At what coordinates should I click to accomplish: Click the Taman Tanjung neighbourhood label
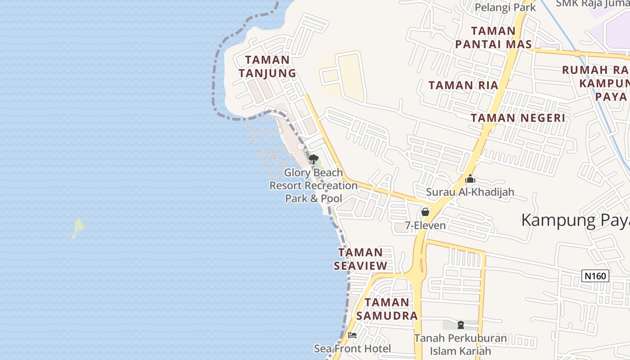[x=267, y=66]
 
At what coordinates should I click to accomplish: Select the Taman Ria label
[x=463, y=85]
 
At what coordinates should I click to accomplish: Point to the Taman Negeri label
[x=517, y=118]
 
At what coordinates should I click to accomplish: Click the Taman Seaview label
[x=360, y=259]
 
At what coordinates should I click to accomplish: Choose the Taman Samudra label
[x=387, y=309]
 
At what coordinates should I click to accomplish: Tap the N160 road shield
[x=595, y=276]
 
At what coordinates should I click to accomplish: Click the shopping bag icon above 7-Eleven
[x=425, y=211]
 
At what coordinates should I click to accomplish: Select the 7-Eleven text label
[x=425, y=225]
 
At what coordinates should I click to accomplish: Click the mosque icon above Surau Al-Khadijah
[x=470, y=179]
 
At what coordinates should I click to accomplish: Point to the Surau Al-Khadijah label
[x=470, y=192]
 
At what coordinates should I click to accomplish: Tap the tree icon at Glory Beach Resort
[x=314, y=159]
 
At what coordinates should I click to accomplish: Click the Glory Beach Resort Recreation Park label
[x=314, y=185]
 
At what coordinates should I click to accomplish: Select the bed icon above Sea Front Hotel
[x=352, y=335]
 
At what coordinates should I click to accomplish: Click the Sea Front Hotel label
[x=352, y=348]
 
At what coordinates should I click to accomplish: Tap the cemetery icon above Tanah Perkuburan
[x=460, y=324]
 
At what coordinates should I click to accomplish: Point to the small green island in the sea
[x=78, y=228]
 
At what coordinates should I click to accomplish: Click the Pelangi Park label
[x=505, y=8]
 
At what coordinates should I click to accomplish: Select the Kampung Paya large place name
[x=575, y=220]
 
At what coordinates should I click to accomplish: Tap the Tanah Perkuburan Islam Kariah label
[x=460, y=344]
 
